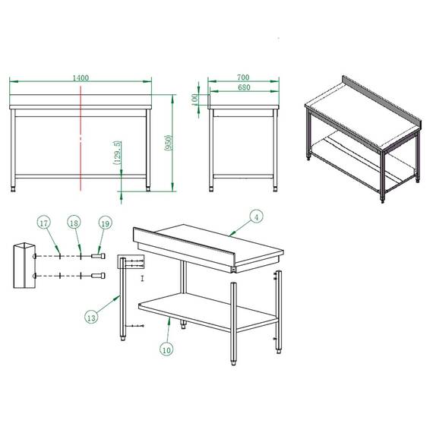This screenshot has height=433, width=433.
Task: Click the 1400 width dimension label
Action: click(81, 77)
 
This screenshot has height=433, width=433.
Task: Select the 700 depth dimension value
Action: click(243, 77)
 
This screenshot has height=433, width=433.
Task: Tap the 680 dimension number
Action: click(243, 88)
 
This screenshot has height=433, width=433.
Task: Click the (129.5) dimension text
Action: click(116, 153)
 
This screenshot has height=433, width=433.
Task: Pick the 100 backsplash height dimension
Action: click(195, 99)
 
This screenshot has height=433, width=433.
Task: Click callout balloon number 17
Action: click(44, 223)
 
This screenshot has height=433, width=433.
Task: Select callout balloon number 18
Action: click(74, 223)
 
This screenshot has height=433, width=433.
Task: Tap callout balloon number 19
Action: click(105, 223)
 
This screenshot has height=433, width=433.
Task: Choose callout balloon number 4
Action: click(257, 217)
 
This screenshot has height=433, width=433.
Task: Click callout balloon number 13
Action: click(91, 318)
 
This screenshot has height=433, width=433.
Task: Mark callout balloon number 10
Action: click(166, 349)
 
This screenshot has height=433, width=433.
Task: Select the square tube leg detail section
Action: click(24, 265)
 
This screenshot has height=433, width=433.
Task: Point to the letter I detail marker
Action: click(142, 279)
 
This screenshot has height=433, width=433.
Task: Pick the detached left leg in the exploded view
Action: click(122, 300)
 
